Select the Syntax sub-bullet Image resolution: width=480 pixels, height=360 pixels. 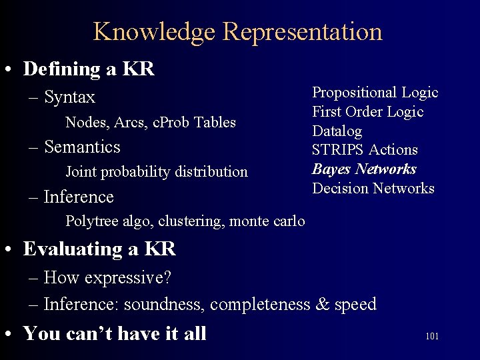point(69,97)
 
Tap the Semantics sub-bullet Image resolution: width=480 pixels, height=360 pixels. point(82,147)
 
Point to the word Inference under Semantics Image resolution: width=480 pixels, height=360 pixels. point(79,197)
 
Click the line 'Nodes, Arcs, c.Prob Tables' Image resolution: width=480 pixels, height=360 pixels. point(151,122)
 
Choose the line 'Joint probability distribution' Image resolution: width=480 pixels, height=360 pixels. point(157,172)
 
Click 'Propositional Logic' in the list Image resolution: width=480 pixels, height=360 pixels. point(375,93)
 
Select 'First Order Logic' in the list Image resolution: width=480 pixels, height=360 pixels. point(368,111)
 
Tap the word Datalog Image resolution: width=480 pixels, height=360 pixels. point(337,131)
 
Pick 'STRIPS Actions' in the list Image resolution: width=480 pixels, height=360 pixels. point(365,150)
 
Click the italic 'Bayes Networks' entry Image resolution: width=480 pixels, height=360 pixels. point(364,169)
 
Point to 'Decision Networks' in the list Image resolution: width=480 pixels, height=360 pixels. point(373,188)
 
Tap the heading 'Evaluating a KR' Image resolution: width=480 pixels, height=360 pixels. point(99,249)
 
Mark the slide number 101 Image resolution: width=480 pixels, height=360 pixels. point(431,336)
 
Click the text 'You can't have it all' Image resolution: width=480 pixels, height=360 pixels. point(115,333)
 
